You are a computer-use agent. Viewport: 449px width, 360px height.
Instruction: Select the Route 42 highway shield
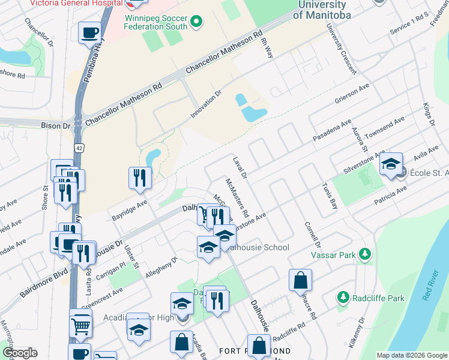79,147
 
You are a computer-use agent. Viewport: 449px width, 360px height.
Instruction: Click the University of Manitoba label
322,10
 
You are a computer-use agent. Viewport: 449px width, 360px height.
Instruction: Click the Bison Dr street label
56,126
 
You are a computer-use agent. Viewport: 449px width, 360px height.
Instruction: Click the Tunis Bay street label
330,195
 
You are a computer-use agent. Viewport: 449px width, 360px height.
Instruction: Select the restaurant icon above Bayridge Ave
139,177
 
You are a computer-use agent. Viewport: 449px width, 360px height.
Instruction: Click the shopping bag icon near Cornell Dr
300,280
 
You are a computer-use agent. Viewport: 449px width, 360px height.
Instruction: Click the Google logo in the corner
19,353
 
